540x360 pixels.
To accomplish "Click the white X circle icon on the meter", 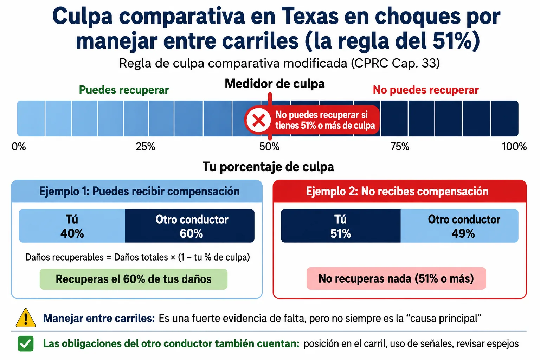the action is point(259,120).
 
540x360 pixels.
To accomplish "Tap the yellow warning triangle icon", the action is point(26,318).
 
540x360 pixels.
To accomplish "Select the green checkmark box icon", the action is point(26,343).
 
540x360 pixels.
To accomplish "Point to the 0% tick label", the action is point(19,147).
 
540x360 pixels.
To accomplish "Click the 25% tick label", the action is point(145,147).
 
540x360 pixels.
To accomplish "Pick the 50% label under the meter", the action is point(269,147).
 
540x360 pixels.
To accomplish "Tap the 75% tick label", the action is point(400,147).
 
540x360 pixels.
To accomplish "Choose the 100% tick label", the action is point(514,147).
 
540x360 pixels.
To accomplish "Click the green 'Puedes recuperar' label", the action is point(124,90).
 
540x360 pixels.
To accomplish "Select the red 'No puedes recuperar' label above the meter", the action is point(426,90).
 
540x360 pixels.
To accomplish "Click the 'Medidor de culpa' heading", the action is point(275,84).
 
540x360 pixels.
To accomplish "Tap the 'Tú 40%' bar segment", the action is point(72,226).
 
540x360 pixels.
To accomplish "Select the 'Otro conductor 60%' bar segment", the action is point(190,226).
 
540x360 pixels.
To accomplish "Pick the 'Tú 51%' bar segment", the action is point(341,226).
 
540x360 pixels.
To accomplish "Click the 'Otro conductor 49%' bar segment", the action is point(459,226).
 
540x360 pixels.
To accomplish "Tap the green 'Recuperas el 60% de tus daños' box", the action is point(134,279).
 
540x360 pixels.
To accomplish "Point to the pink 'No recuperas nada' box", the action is point(396,278).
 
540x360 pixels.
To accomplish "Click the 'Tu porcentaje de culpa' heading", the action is point(268,167).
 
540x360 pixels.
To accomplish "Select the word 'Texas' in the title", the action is point(310,17).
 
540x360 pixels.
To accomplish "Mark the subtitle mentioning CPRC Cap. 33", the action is point(279,63).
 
